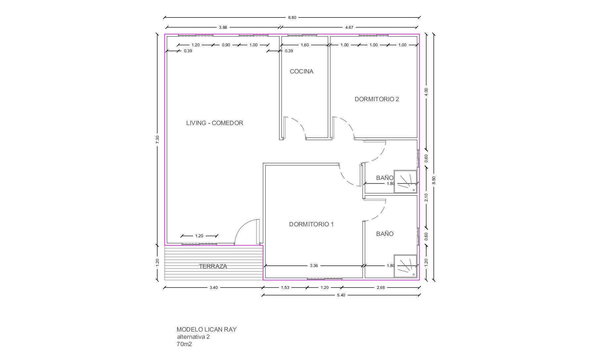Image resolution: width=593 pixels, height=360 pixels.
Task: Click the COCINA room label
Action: (301, 71)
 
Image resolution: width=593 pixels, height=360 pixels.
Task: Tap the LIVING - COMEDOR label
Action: (215, 123)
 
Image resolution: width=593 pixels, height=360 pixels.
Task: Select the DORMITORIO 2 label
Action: (377, 99)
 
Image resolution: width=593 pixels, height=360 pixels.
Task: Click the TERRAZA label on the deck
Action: (213, 266)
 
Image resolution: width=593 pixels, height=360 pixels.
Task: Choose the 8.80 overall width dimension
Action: (292, 18)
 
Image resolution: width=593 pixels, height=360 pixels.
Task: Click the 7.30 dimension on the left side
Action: (158, 139)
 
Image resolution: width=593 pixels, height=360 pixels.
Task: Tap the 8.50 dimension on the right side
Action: (434, 180)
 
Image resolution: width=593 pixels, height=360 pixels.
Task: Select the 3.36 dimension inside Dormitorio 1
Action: (314, 266)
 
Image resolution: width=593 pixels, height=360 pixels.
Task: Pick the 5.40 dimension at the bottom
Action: (341, 295)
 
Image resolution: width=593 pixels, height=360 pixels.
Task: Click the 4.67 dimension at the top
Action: (349, 27)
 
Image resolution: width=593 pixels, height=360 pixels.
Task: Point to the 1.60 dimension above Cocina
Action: (304, 45)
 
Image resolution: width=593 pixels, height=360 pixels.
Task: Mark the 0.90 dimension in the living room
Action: (226, 45)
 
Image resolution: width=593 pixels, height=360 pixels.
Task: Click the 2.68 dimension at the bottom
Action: (381, 288)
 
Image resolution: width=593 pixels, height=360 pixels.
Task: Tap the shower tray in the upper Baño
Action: (405, 181)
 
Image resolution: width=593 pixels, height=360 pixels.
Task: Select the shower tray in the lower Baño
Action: (405, 266)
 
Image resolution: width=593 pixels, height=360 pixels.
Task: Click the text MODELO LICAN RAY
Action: (206, 330)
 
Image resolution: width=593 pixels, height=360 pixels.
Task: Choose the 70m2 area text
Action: (184, 344)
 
